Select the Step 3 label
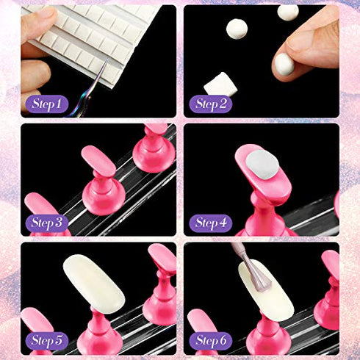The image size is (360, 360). pyautogui.click(x=46, y=222)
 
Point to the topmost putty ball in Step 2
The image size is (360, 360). pyautogui.click(x=288, y=12)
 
